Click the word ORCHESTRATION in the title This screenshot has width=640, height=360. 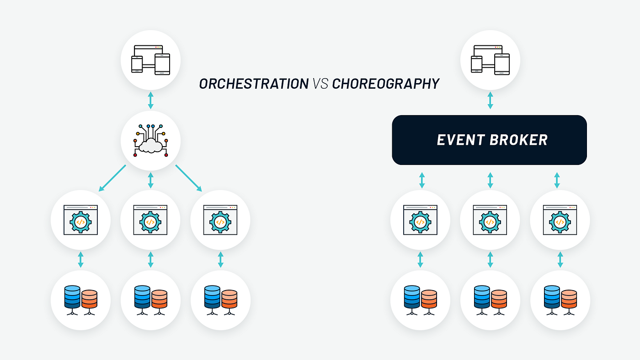[254, 84]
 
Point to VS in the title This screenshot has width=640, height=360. [320, 84]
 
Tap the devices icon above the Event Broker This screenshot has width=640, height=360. [490, 60]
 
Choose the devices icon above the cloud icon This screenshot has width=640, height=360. [150, 60]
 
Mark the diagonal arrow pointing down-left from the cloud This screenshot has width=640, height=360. [112, 178]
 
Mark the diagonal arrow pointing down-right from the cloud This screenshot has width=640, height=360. [188, 178]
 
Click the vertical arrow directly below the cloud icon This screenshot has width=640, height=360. [150, 180]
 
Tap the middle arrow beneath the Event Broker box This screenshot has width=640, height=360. [490, 180]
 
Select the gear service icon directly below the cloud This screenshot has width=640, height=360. [150, 220]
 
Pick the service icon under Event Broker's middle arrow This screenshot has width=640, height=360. [490, 220]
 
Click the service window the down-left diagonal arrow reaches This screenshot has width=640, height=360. [80, 220]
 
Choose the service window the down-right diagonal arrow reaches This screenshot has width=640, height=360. [220, 220]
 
